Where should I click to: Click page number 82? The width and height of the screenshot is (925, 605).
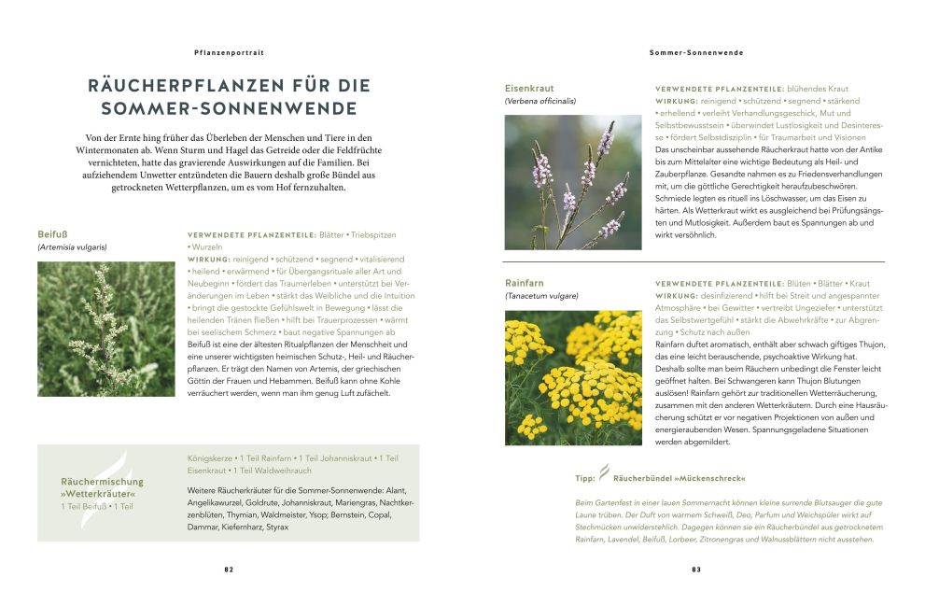click(x=228, y=569)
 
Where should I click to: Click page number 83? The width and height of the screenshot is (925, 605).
click(x=695, y=569)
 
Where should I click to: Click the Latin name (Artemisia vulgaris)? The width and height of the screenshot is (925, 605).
click(x=73, y=248)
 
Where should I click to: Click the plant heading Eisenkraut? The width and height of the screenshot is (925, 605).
click(x=529, y=88)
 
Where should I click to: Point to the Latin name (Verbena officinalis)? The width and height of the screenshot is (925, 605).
click(x=540, y=101)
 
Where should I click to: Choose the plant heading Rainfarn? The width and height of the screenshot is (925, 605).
click(x=525, y=282)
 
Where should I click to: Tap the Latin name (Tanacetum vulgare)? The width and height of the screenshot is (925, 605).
click(x=541, y=296)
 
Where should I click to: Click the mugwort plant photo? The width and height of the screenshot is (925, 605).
click(x=105, y=329)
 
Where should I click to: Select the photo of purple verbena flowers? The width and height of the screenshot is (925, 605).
click(x=572, y=182)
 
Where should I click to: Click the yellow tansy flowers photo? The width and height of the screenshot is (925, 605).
click(x=572, y=377)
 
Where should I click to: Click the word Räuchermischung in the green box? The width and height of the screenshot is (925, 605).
click(x=103, y=481)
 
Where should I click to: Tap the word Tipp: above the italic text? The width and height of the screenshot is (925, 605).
click(x=585, y=478)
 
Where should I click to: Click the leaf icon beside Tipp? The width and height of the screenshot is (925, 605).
click(x=604, y=474)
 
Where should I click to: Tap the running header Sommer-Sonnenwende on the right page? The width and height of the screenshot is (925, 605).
click(x=695, y=53)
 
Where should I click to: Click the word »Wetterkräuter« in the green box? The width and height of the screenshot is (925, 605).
click(x=99, y=494)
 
